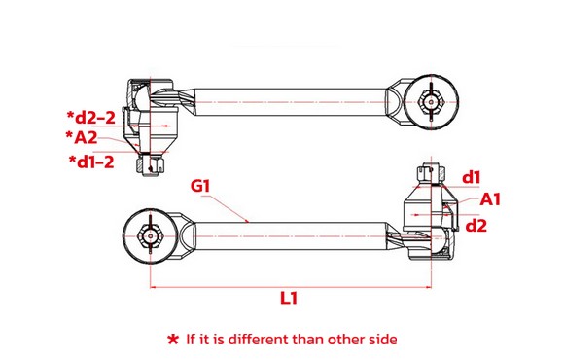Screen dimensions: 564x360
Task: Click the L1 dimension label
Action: pos(289,298)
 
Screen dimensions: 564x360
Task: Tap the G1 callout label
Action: pos(200,186)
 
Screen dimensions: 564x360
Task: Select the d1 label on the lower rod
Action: pos(472,177)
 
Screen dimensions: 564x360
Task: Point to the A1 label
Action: pos(490,199)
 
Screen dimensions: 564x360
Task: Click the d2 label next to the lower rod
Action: pos(476,226)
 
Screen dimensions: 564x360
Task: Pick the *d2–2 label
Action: pos(91,118)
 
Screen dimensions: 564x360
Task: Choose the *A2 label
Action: pos(82,137)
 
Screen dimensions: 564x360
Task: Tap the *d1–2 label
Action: pos(91,162)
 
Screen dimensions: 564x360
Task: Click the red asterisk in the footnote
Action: pos(173,340)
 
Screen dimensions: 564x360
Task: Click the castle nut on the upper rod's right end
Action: pos(431,102)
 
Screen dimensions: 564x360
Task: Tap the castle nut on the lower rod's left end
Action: pos(150,236)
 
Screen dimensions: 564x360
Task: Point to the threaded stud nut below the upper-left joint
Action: pos(150,164)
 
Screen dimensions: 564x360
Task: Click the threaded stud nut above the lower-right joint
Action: pos(431,174)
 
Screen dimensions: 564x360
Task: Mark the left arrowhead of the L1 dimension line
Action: pos(153,287)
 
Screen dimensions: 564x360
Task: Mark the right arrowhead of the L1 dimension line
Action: pos(428,287)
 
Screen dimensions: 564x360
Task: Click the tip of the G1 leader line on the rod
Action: pos(248,222)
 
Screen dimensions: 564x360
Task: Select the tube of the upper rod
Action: pos(291,102)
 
